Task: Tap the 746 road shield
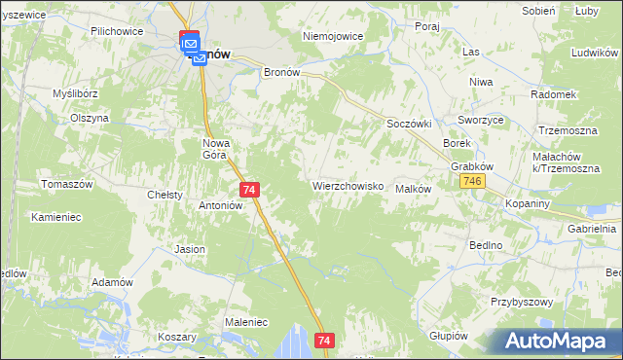tap(474, 182)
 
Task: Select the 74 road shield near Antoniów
tap(250, 190)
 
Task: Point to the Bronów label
tap(285, 72)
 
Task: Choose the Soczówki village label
tap(409, 125)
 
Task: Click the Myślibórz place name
tap(77, 93)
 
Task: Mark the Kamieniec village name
tap(55, 216)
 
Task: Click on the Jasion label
tap(190, 249)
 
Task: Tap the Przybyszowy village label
tap(522, 303)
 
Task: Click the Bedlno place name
tap(485, 245)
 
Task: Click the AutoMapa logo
tap(559, 341)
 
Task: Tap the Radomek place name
tap(553, 94)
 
